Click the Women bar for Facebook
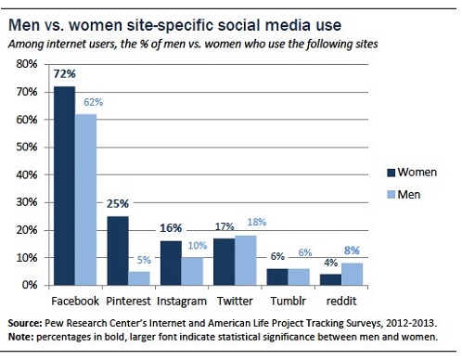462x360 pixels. (66, 185)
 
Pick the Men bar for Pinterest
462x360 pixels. (138, 277)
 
